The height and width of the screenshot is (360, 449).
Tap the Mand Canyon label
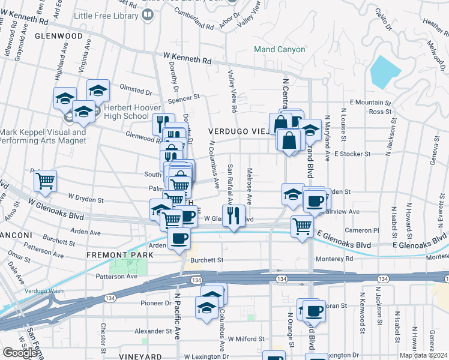[x=279, y=50]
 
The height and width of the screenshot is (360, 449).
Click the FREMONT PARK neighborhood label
[x=120, y=255]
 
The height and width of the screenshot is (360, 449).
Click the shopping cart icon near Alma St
[x=46, y=181]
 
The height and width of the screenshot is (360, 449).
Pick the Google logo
[x=20, y=353]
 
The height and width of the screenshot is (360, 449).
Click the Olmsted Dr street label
[x=136, y=92]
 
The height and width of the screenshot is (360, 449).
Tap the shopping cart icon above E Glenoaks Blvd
[x=302, y=226]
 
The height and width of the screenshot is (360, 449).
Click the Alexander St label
[x=154, y=331]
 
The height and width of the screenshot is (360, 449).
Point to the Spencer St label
[x=183, y=97]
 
